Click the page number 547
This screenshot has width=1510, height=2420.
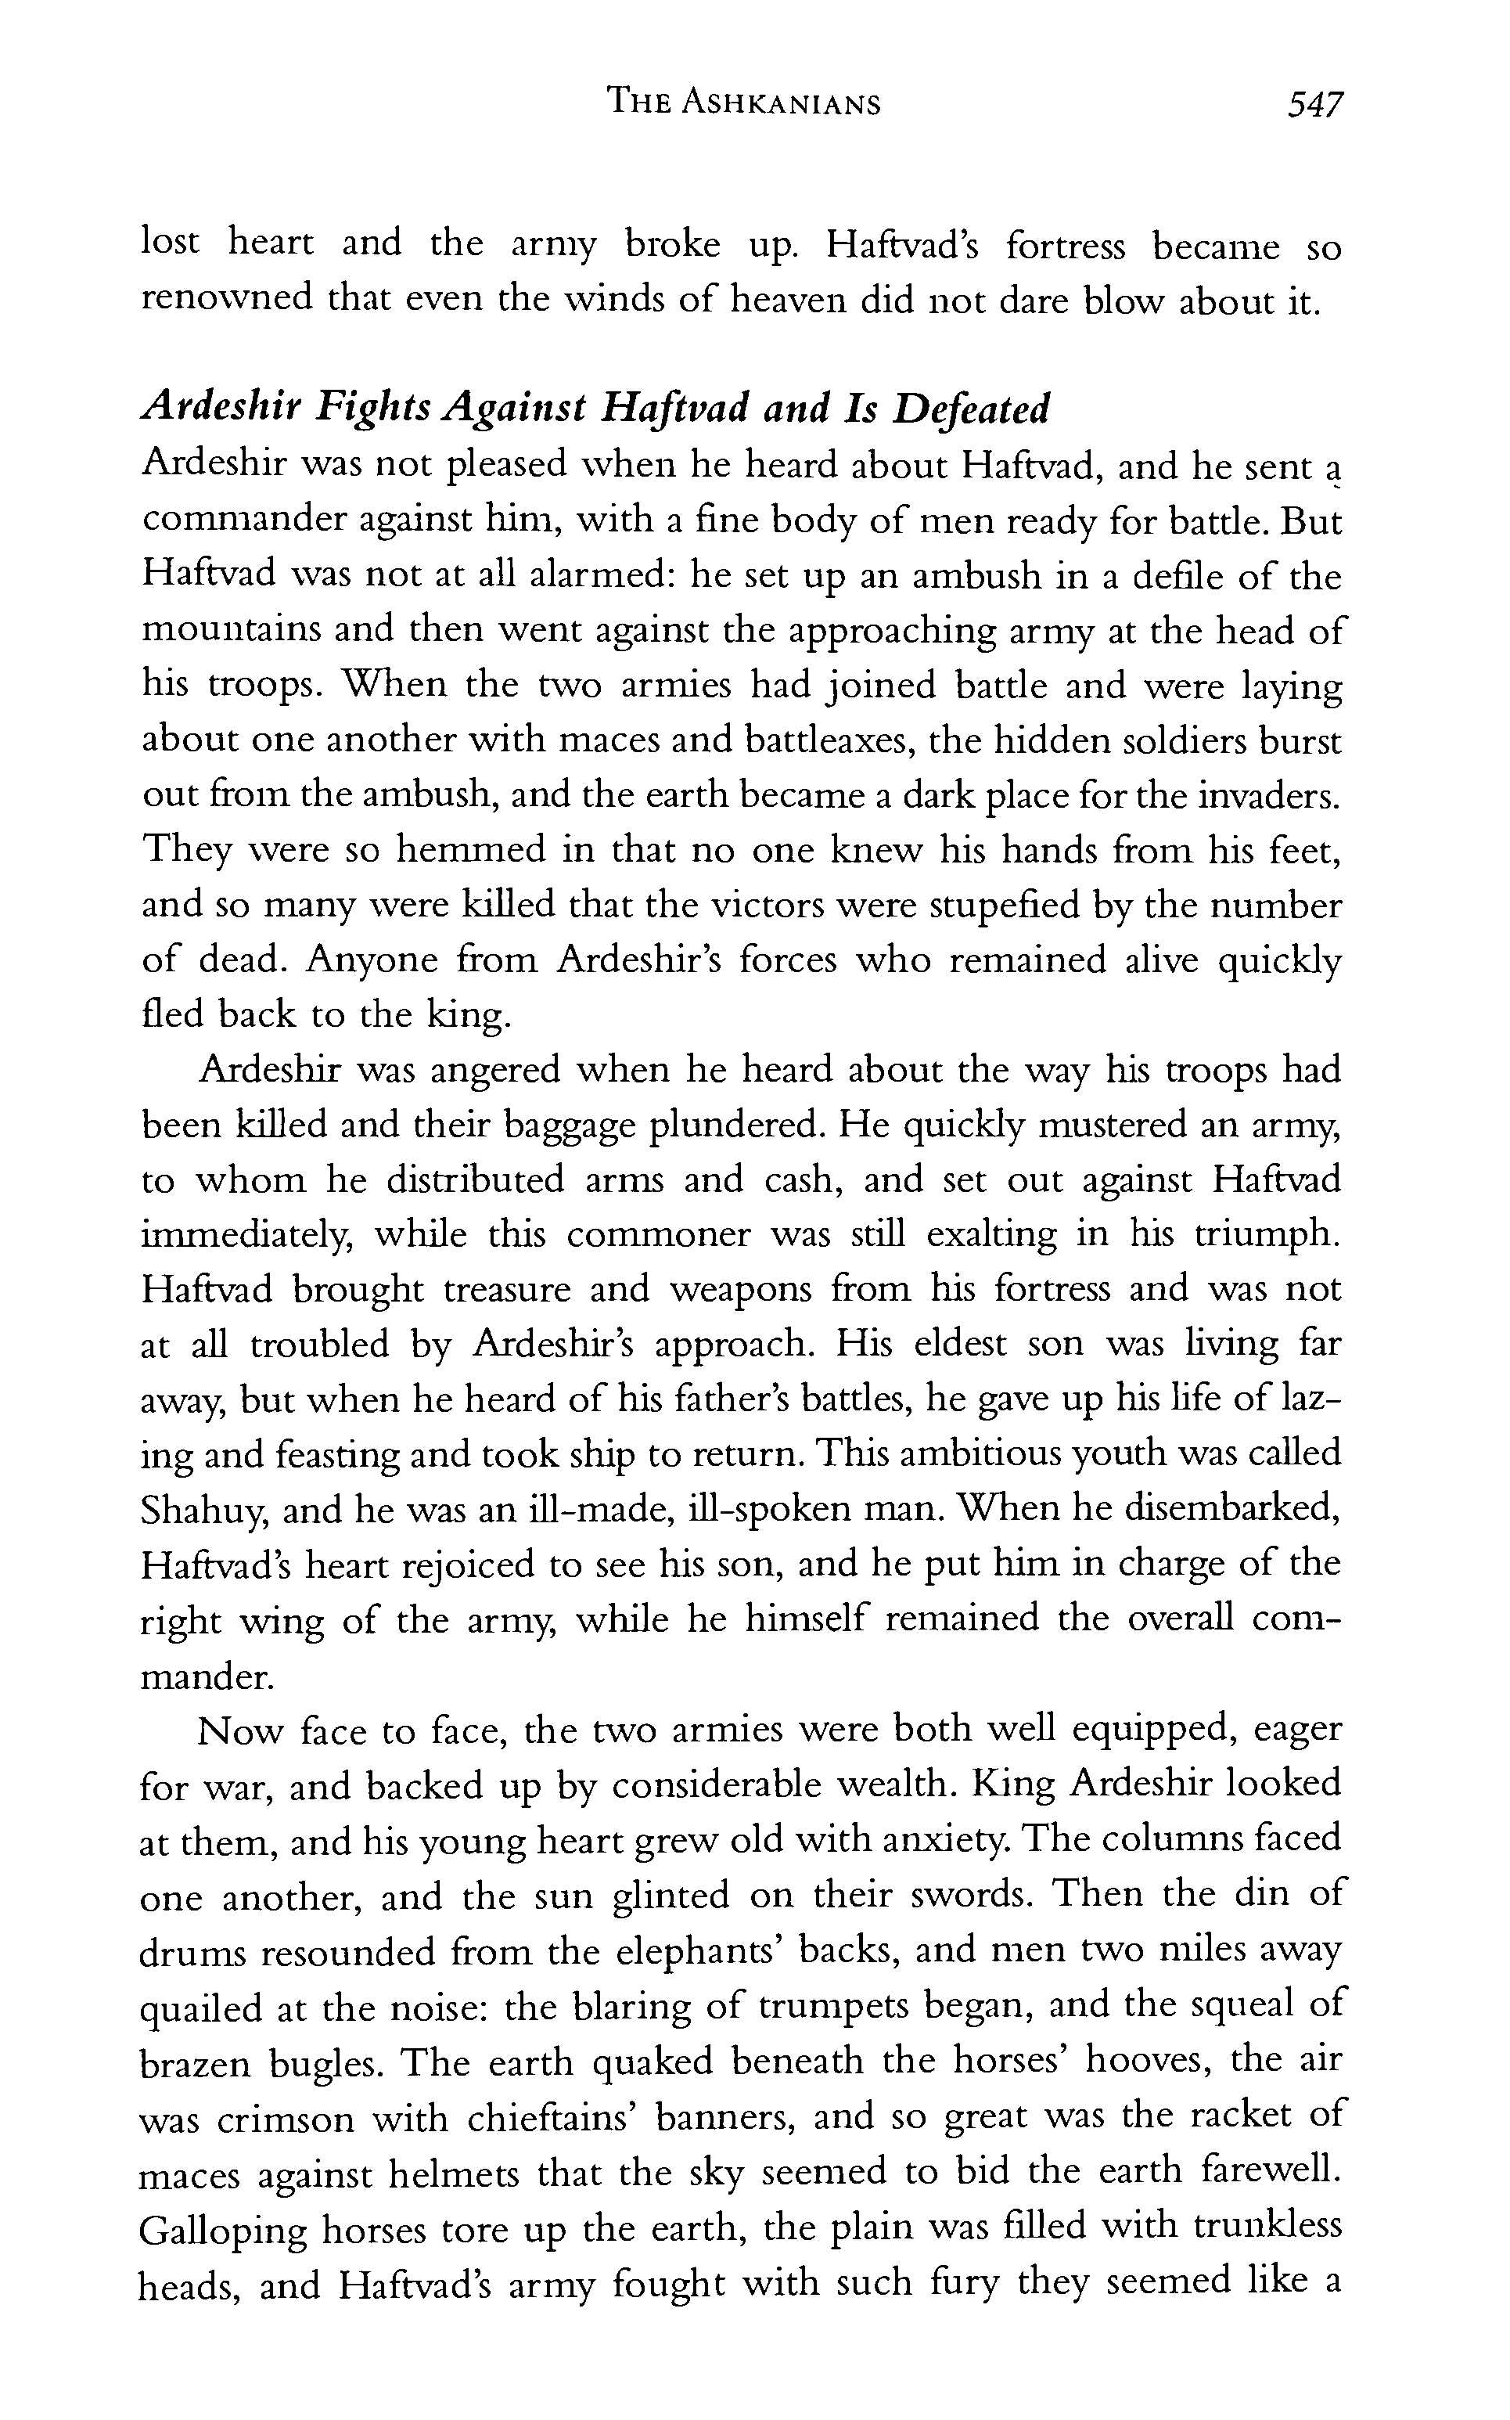pos(1315,104)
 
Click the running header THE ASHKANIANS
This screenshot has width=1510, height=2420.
pos(745,104)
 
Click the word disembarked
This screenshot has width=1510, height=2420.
pos(1231,1508)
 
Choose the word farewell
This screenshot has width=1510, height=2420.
pos(1269,2170)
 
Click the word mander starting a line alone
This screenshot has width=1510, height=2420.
pos(207,1675)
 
